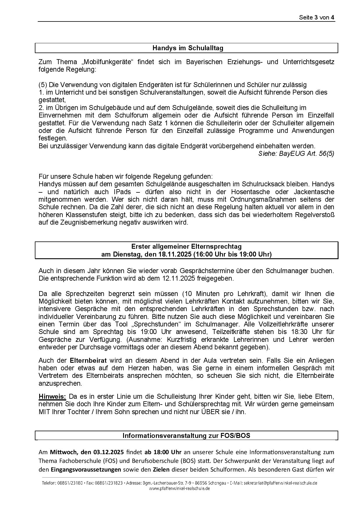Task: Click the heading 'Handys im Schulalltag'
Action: [x=188, y=48]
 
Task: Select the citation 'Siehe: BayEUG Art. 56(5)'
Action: [x=296, y=154]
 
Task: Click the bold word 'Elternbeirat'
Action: [x=88, y=360]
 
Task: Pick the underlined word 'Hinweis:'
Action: [x=52, y=396]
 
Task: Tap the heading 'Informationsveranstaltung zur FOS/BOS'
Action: [x=186, y=436]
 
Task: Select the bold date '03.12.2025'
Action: [x=109, y=452]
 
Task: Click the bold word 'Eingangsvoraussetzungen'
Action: [x=86, y=470]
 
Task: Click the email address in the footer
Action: [x=280, y=483]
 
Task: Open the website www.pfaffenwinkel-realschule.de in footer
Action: [x=179, y=488]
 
